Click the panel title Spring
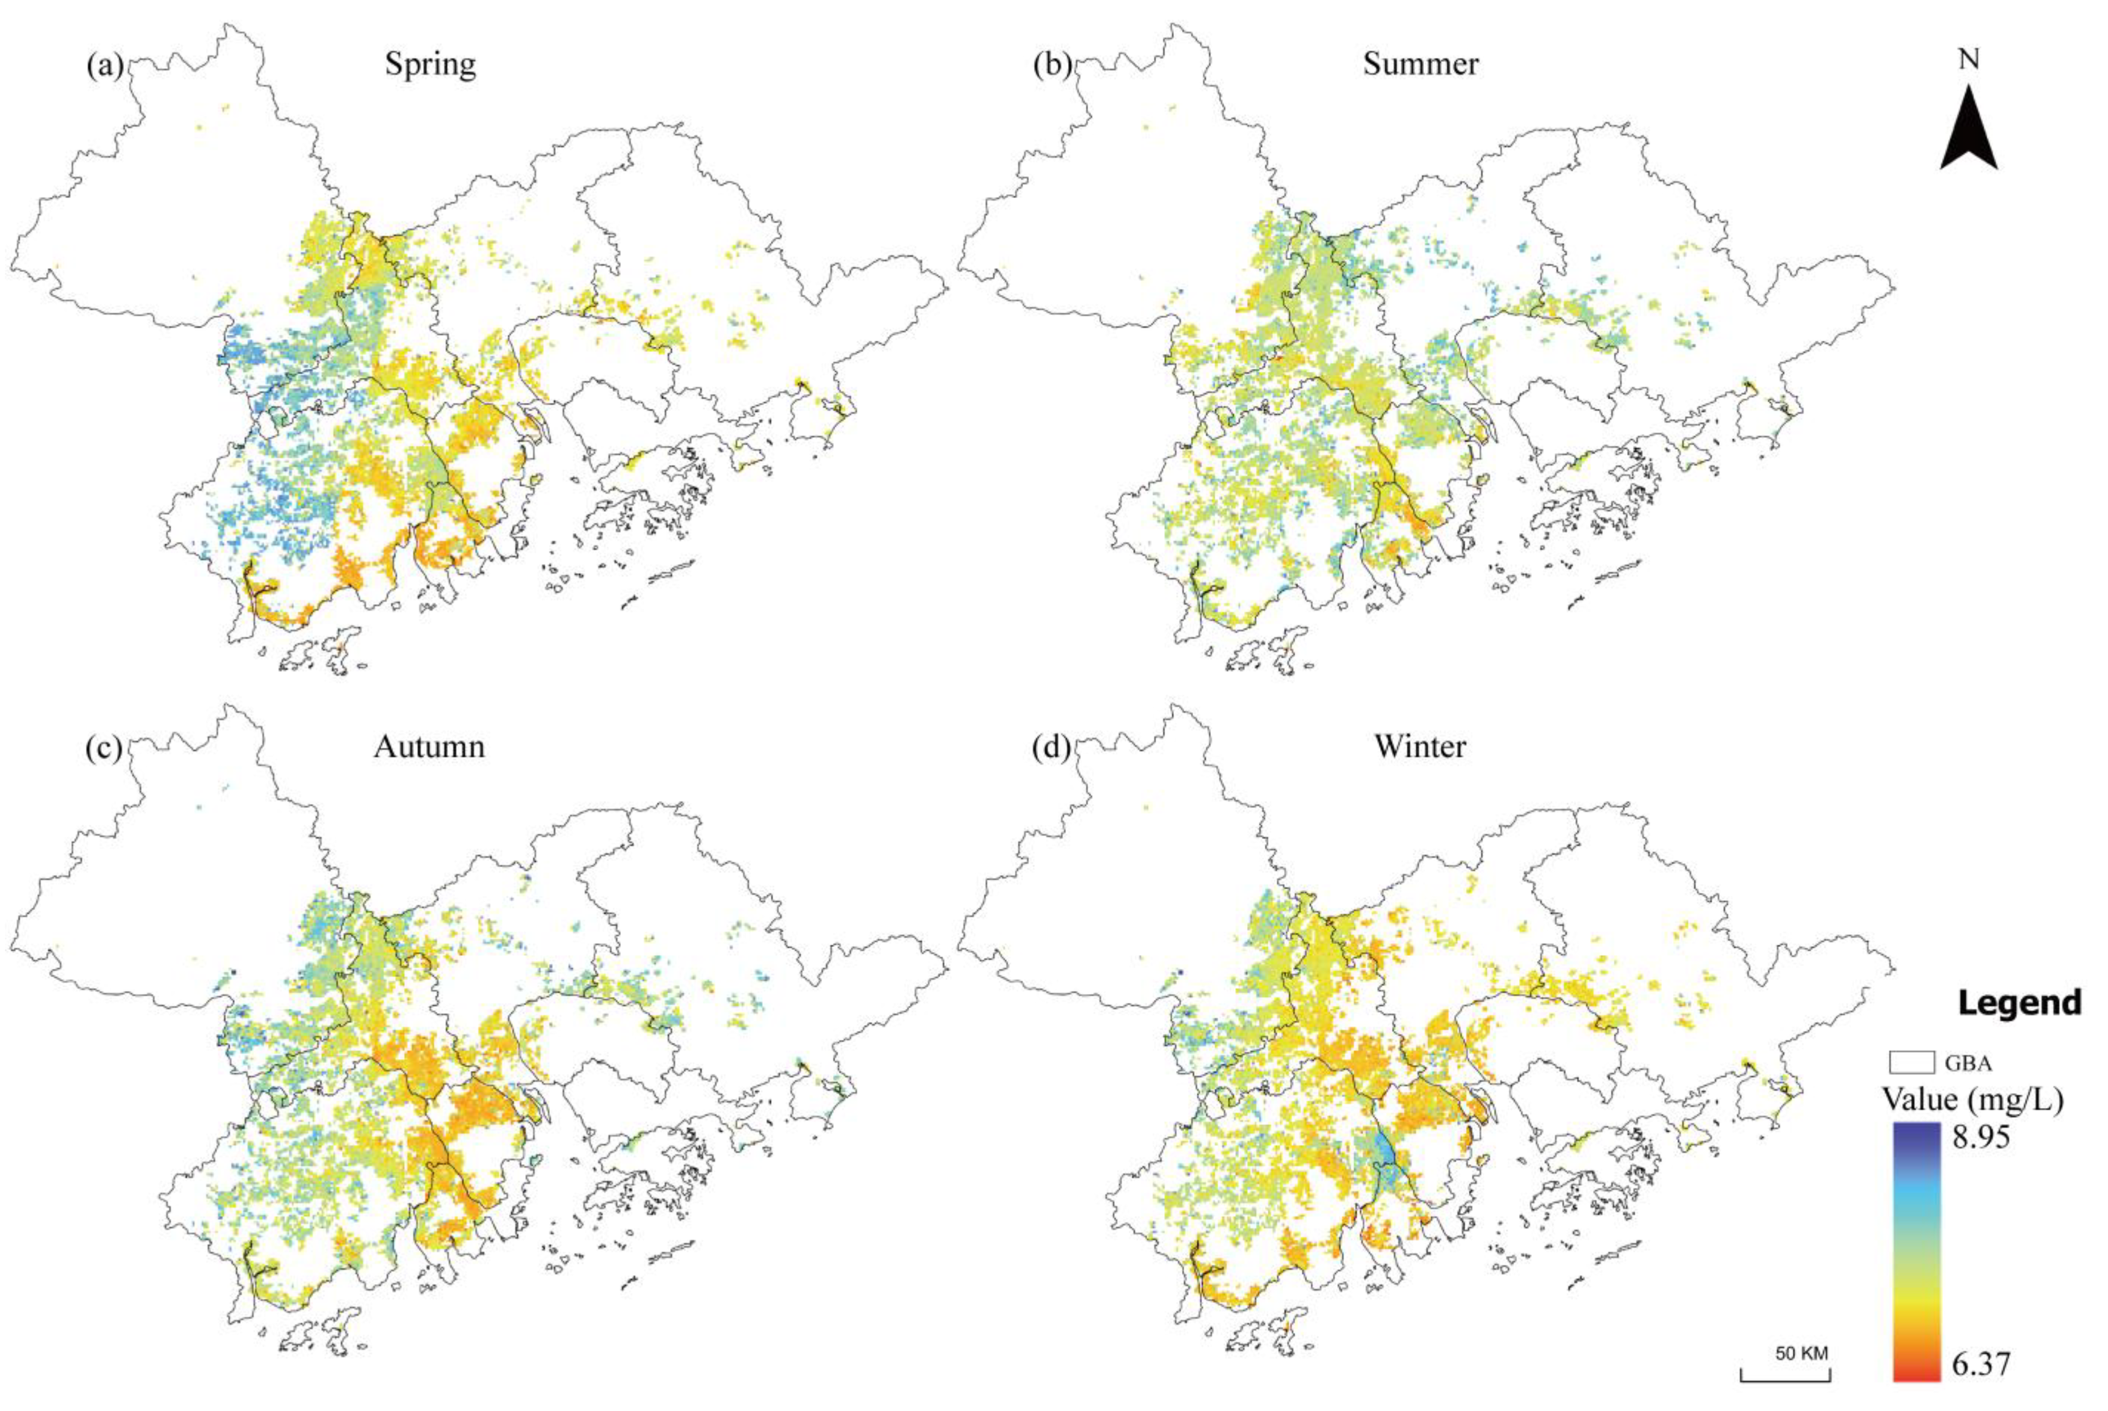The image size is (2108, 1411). pyautogui.click(x=430, y=65)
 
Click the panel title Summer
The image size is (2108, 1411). pyautogui.click(x=1420, y=65)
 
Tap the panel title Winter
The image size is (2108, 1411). pyautogui.click(x=1420, y=747)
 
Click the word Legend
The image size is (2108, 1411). pyautogui.click(x=2020, y=1002)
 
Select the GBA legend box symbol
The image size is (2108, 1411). pyautogui.click(x=1912, y=1063)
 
